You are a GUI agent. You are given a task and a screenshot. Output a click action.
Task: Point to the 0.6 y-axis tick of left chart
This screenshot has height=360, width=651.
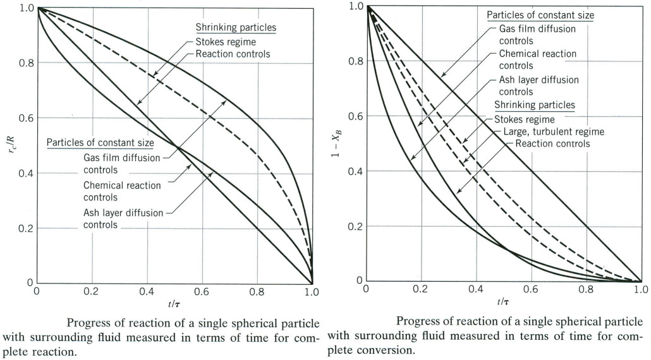(26, 118)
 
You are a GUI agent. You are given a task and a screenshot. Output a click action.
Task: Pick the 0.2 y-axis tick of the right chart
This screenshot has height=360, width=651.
(355, 226)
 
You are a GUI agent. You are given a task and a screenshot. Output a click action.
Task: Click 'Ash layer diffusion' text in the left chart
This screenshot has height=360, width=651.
(123, 213)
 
